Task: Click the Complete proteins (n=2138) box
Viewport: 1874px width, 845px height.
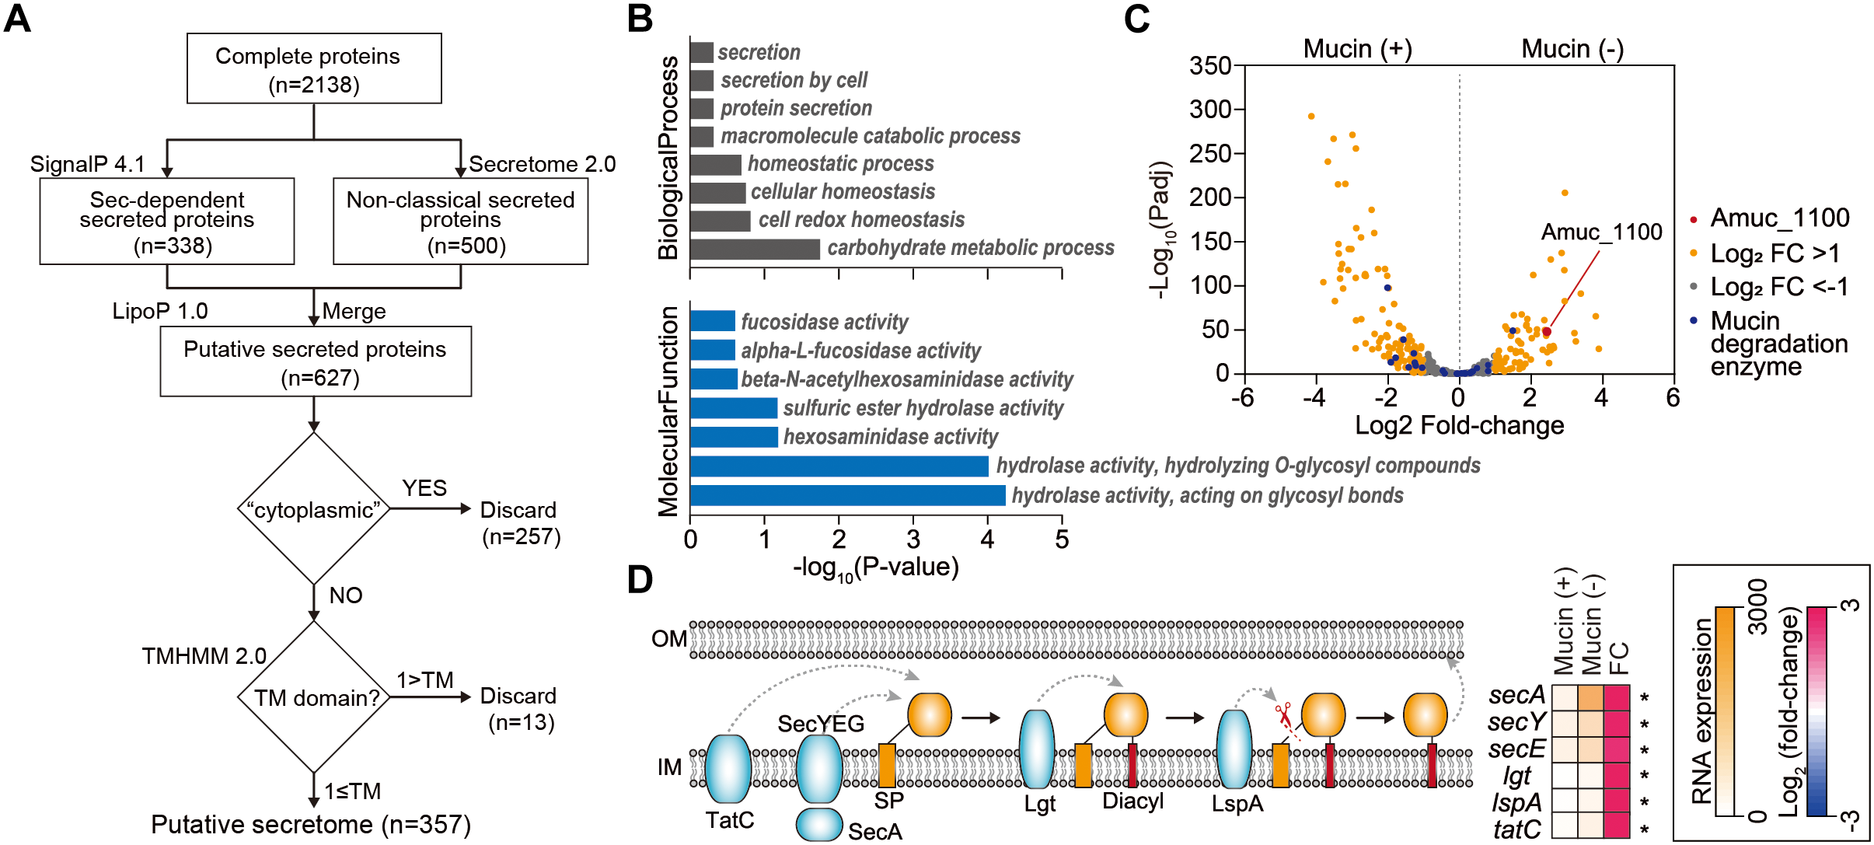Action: click(314, 68)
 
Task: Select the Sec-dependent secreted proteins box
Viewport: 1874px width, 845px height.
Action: click(167, 222)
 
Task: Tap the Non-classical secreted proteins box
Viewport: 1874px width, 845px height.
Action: click(460, 222)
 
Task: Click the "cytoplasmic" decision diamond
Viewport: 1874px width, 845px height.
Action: click(313, 509)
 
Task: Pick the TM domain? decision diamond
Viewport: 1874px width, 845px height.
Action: click(313, 697)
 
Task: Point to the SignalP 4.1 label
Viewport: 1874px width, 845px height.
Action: click(87, 164)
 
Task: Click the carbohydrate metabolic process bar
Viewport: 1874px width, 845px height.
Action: click(754, 249)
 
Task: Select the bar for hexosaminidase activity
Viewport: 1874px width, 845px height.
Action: click(733, 437)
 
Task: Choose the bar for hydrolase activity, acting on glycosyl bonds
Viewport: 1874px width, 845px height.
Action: click(847, 495)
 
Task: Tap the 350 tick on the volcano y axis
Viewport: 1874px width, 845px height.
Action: click(1210, 66)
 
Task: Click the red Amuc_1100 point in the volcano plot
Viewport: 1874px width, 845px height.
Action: click(1546, 332)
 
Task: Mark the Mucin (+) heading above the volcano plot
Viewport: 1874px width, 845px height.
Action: click(1357, 48)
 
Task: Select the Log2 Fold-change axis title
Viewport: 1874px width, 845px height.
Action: click(1459, 425)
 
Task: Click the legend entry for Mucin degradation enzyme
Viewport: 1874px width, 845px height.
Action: click(1778, 343)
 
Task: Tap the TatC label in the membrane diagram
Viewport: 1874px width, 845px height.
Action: click(730, 820)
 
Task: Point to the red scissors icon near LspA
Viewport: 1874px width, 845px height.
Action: click(1282, 712)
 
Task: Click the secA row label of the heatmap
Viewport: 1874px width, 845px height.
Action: click(1516, 695)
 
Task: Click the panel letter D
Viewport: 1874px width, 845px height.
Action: click(640, 580)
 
